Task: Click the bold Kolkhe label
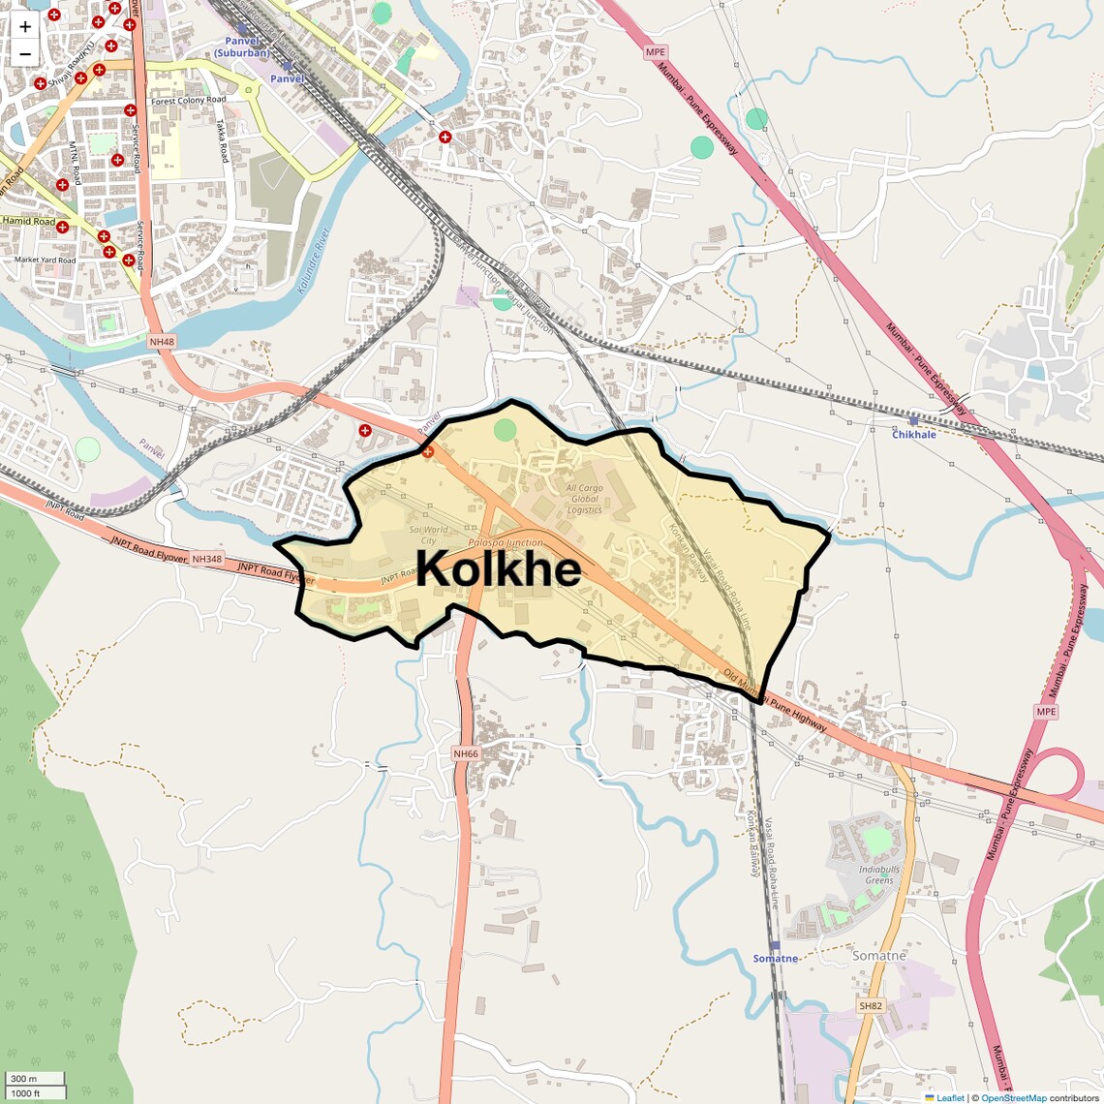[x=499, y=569]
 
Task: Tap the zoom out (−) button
[x=25, y=54]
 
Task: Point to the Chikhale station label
[x=913, y=434]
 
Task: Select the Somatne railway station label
[x=776, y=958]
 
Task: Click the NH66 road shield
[x=466, y=753]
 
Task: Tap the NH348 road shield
[x=206, y=560]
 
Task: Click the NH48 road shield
[x=161, y=342]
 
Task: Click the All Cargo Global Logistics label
[x=584, y=499]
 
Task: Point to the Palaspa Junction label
[x=505, y=543]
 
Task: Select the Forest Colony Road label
[x=189, y=100]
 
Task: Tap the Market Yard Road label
[x=45, y=260]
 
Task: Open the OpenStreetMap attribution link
[x=1013, y=1097]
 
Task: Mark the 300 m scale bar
[x=35, y=1079]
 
